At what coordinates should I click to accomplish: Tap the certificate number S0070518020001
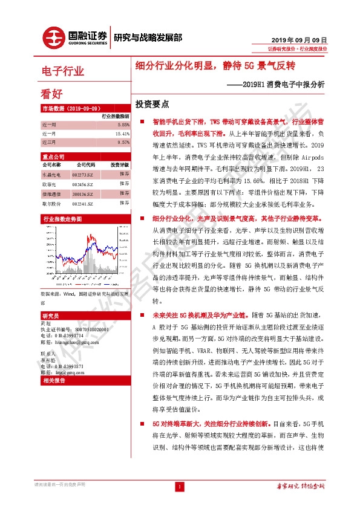(76, 329)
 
